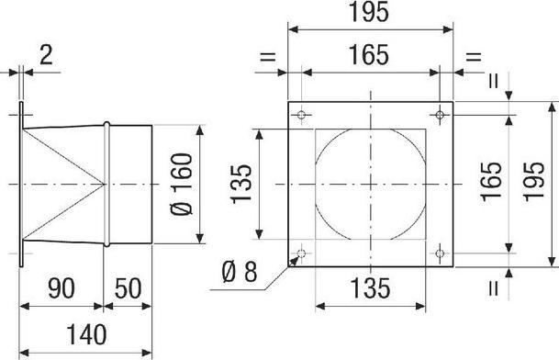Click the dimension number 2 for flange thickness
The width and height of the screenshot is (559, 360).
46,56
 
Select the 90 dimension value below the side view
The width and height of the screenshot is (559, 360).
61,288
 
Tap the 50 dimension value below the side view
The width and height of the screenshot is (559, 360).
128,288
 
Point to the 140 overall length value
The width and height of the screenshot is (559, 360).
86,334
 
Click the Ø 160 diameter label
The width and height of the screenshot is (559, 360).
182,184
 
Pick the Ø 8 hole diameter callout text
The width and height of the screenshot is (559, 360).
240,272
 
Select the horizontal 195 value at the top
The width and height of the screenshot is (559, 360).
368,12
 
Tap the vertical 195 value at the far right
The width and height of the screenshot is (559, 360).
534,181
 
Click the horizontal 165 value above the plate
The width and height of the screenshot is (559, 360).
368,55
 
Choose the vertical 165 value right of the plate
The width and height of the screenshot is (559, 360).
491,181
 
